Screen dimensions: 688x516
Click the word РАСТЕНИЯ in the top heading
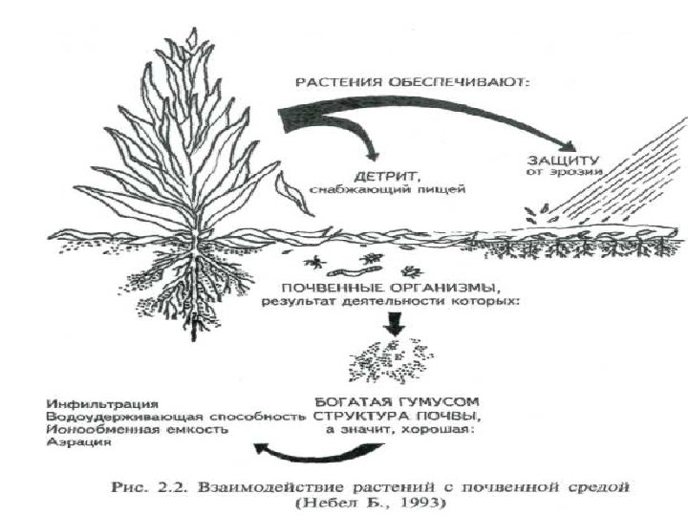pos(333,83)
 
